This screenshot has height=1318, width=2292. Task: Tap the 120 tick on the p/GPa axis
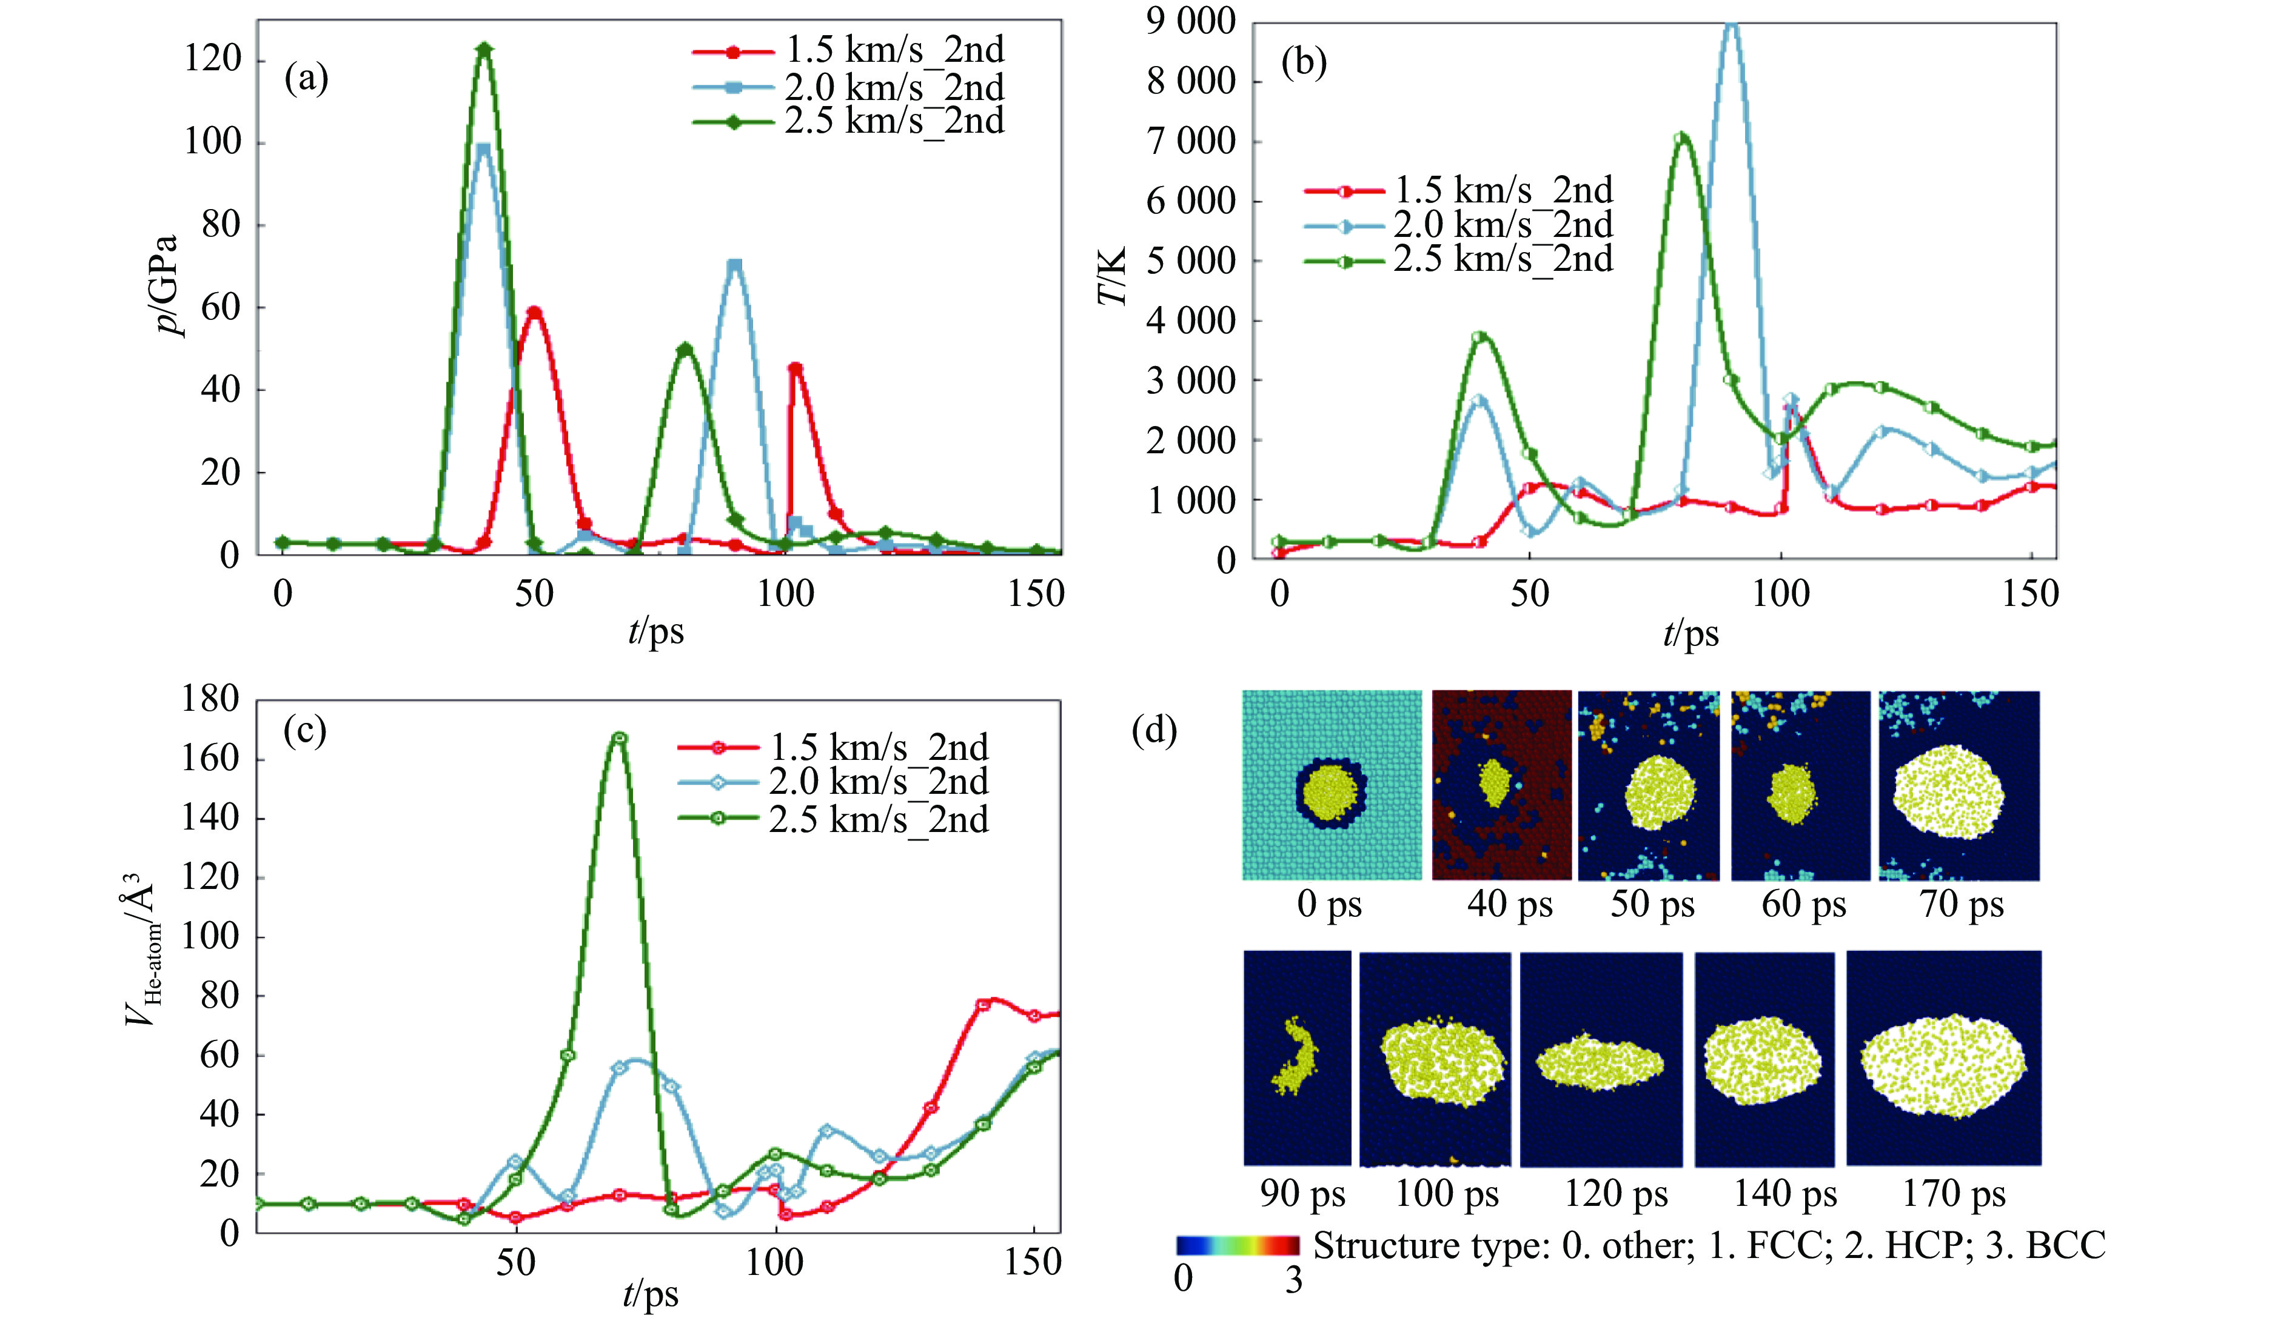click(213, 60)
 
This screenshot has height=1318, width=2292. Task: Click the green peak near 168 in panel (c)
click(620, 737)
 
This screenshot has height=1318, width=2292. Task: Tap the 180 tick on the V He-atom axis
click(210, 699)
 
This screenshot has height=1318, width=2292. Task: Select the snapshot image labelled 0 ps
click(1331, 785)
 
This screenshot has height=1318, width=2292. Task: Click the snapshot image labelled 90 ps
click(1297, 1057)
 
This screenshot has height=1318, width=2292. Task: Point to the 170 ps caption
click(1953, 1194)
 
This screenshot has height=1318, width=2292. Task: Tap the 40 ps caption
click(1510, 904)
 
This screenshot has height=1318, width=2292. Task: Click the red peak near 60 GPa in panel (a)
click(534, 312)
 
